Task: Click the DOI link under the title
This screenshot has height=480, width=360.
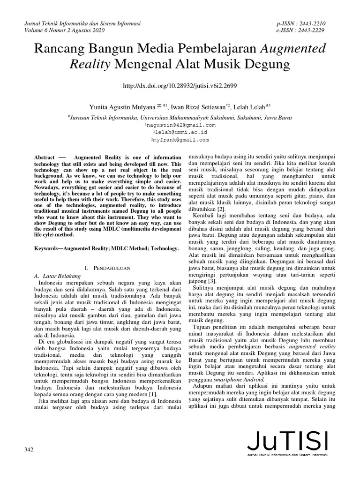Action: click(x=180, y=86)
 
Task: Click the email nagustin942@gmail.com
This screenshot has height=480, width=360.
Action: click(x=180, y=125)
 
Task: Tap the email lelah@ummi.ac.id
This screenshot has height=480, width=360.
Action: click(x=180, y=133)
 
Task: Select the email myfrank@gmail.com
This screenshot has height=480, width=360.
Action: click(x=180, y=140)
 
